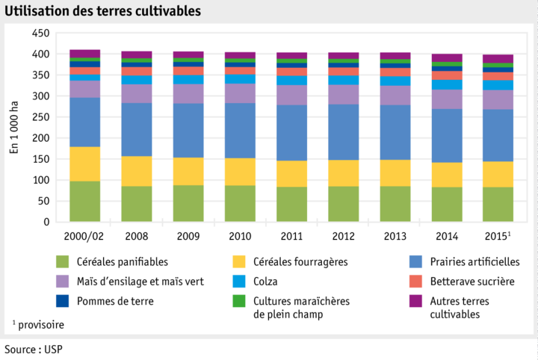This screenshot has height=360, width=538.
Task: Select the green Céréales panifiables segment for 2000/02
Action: click(85, 201)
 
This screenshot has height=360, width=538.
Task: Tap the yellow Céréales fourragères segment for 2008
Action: click(137, 171)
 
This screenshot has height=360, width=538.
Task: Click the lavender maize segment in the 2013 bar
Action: click(395, 95)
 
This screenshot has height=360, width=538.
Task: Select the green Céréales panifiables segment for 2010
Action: click(240, 203)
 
